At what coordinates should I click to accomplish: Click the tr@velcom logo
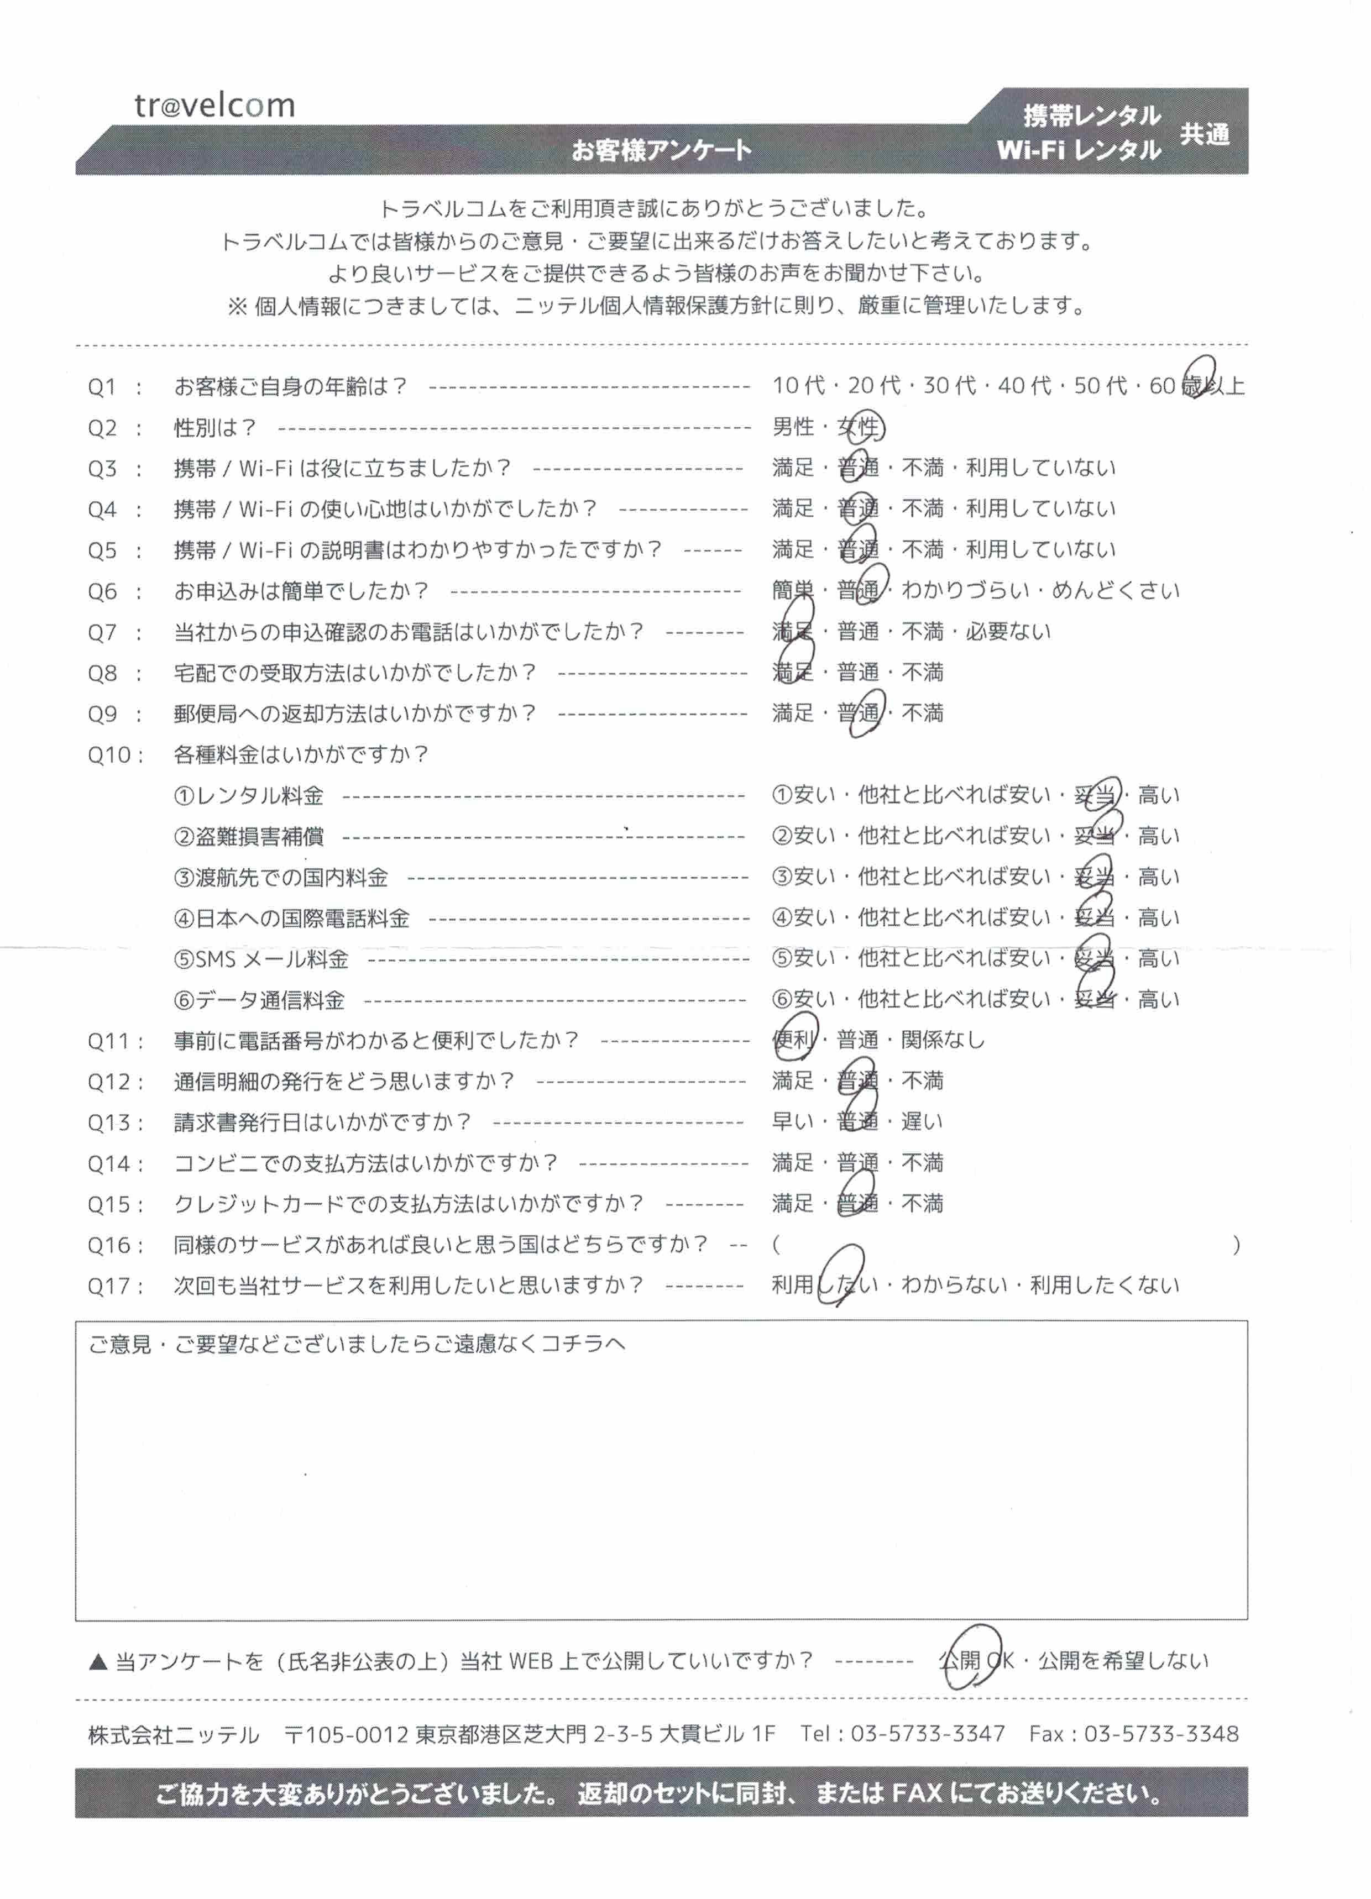point(214,106)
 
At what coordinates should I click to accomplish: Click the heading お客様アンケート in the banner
point(661,151)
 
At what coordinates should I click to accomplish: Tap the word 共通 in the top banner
point(1205,134)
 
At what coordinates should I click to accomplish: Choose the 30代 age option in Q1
point(949,386)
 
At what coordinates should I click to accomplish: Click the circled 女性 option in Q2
point(859,428)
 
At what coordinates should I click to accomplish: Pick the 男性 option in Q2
point(792,427)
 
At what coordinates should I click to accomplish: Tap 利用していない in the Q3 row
point(1040,468)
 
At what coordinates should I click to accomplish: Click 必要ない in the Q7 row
point(1008,632)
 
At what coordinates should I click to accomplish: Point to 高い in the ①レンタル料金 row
point(1158,795)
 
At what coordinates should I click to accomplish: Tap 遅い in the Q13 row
point(921,1122)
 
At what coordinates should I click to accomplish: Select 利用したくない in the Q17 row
point(1104,1286)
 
